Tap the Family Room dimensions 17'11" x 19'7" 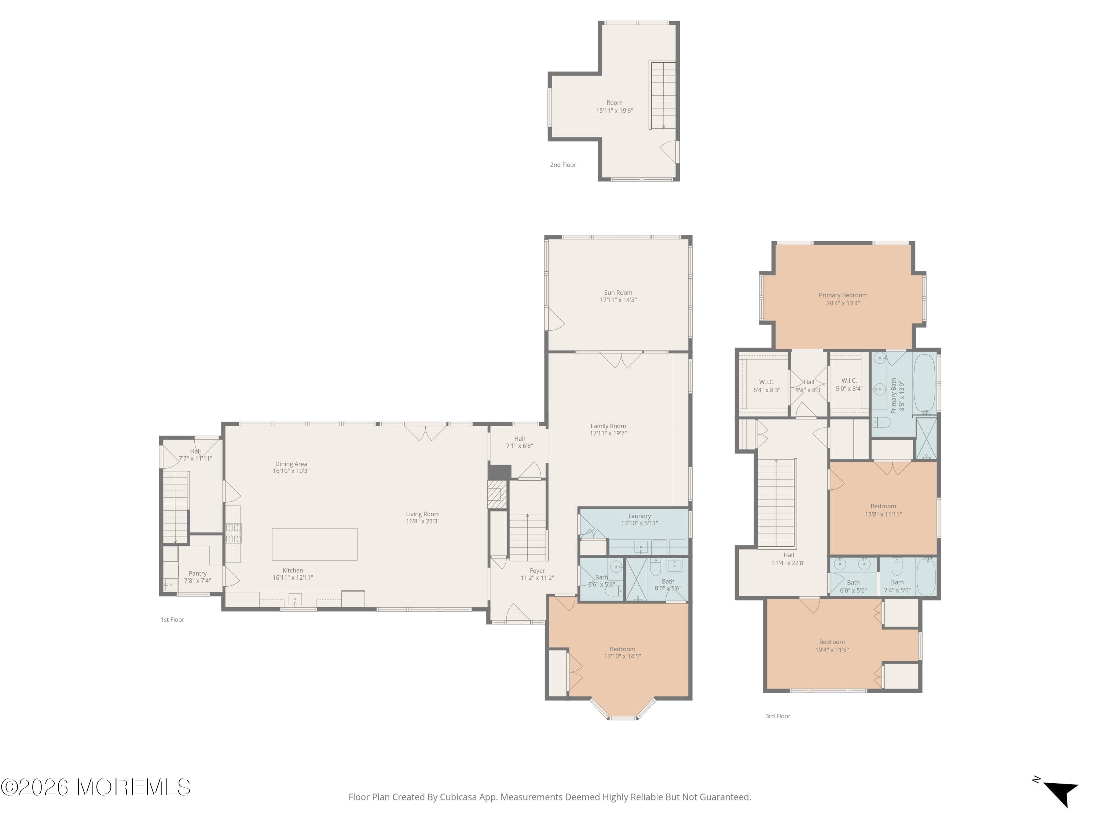[x=608, y=433]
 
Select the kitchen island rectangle [x=314, y=544]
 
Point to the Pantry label [x=197, y=573]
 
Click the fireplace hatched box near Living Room [x=494, y=494]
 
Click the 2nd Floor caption [x=563, y=165]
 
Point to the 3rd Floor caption [x=778, y=716]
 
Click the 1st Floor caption [x=172, y=620]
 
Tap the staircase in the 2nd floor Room [x=663, y=95]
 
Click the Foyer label [x=537, y=571]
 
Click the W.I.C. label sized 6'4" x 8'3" [x=766, y=382]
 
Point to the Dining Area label [x=291, y=464]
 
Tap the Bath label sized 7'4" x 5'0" [x=897, y=582]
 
